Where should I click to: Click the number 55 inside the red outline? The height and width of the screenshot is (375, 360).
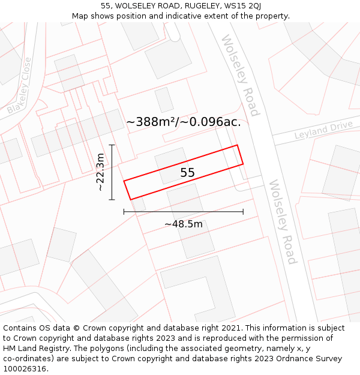click(x=187, y=173)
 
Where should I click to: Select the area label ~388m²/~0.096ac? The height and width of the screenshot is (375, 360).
click(x=184, y=122)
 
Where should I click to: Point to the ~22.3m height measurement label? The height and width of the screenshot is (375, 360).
click(x=100, y=172)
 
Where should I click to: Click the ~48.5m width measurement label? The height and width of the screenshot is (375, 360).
click(x=184, y=224)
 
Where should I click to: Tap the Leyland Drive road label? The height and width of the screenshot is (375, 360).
click(x=323, y=130)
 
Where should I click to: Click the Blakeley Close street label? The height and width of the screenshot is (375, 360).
click(x=19, y=86)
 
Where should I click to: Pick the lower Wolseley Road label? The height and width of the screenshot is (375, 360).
click(x=282, y=222)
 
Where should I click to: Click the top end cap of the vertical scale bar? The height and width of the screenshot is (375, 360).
click(x=112, y=145)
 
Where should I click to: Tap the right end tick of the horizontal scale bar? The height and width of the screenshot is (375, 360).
click(x=243, y=211)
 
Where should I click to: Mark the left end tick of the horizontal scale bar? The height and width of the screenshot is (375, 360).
click(x=124, y=211)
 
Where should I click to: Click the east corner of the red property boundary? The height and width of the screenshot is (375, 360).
click(x=243, y=164)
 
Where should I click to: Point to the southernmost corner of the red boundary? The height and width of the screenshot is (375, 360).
click(x=131, y=200)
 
